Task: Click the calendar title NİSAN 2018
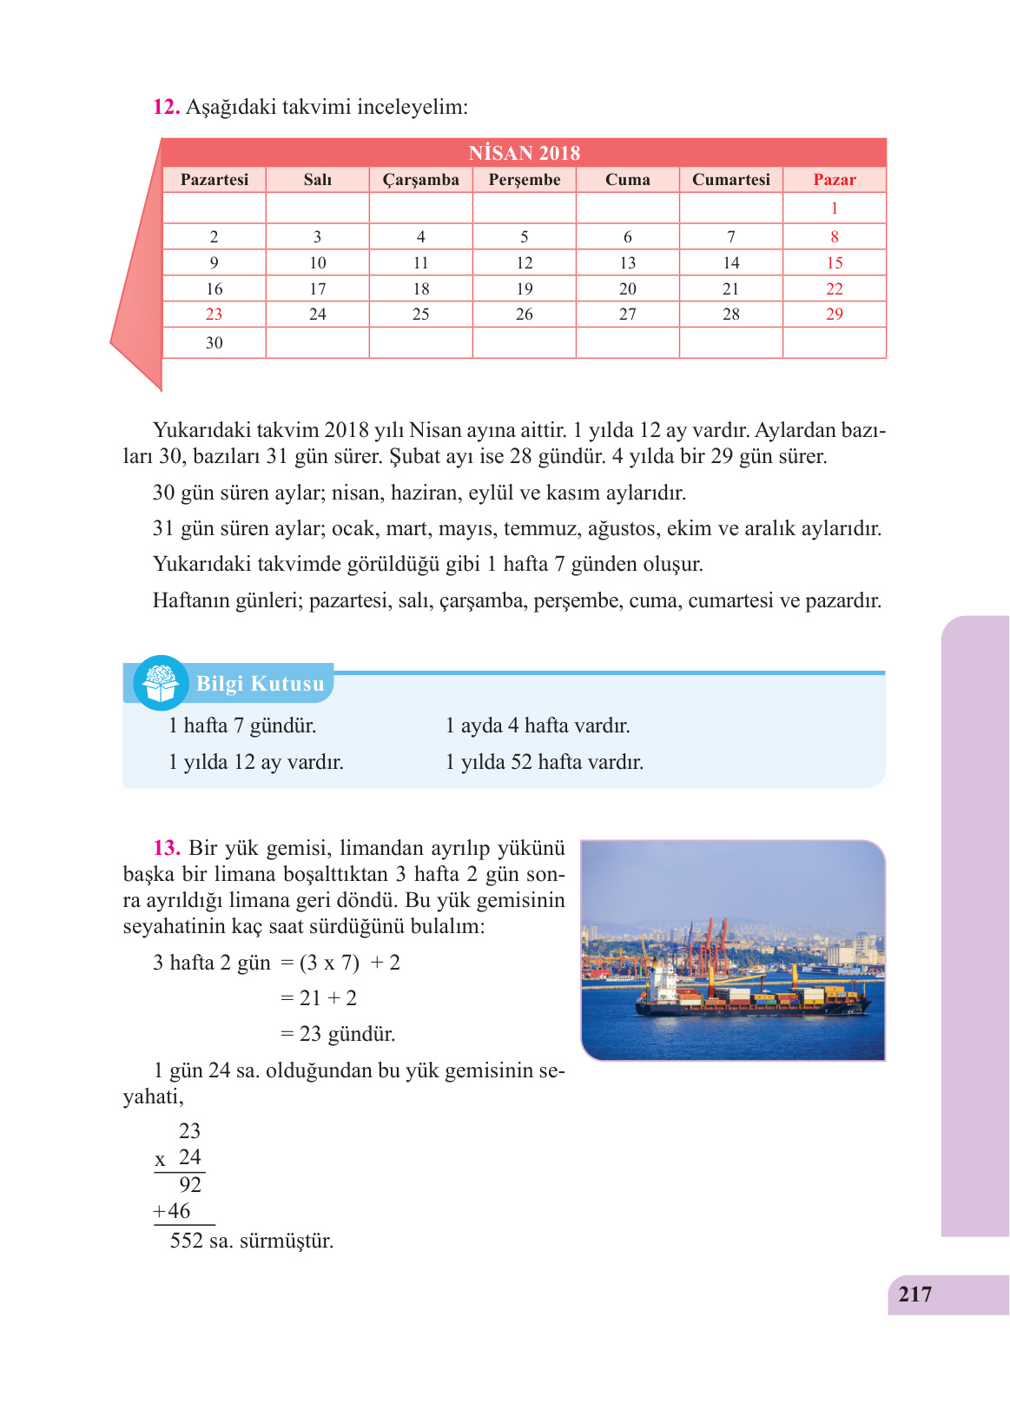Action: coord(524,153)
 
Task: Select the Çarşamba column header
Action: coord(420,180)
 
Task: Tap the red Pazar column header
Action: coord(834,180)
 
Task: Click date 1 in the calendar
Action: coord(834,209)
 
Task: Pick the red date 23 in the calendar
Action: coord(214,315)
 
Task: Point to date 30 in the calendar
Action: coord(214,343)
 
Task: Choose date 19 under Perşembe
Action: coord(524,289)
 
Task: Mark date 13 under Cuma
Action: coord(627,263)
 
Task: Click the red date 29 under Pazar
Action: coord(834,315)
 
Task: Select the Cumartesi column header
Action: coord(730,180)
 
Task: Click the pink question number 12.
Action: coord(166,107)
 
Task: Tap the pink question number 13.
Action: coord(167,848)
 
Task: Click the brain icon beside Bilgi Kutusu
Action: coord(161,683)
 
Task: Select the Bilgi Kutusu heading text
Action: coord(260,684)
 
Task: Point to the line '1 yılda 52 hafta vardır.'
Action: coord(544,763)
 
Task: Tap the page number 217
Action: coord(915,1295)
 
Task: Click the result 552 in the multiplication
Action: coord(186,1241)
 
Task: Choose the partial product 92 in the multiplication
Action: coord(190,1185)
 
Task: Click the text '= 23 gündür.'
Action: coord(338,1034)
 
